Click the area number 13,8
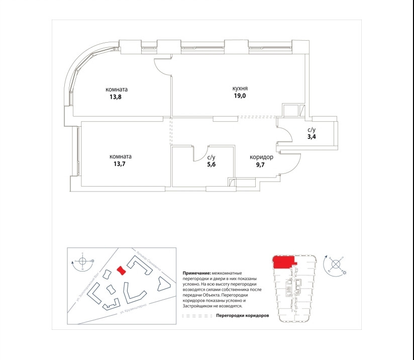tap(116, 98)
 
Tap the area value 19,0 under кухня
tap(240, 98)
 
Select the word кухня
tap(240, 89)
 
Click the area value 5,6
tap(211, 164)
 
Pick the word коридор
tap(261, 157)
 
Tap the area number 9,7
tap(261, 164)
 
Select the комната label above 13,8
tap(116, 89)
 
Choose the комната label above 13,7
tap(121, 156)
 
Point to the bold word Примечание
tap(197, 272)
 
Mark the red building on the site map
tap(121, 271)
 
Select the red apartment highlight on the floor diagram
tap(283, 262)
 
